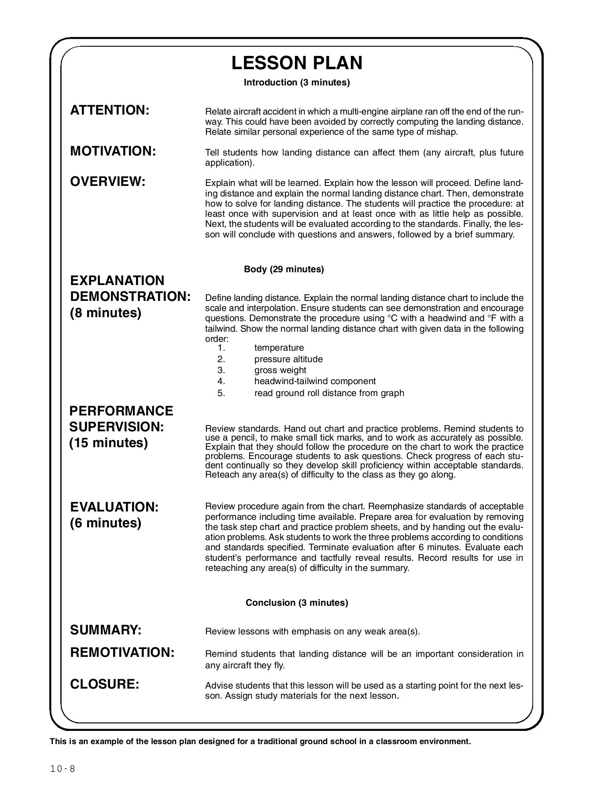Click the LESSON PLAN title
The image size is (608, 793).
[297, 63]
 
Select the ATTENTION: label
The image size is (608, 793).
[110, 110]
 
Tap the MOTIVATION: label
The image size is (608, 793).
[113, 151]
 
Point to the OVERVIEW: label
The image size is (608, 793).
[108, 182]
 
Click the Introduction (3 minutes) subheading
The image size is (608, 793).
[297, 82]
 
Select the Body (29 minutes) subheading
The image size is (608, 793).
[284, 269]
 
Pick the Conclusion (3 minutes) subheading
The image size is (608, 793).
[297, 602]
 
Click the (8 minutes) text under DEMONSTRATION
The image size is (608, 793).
[106, 313]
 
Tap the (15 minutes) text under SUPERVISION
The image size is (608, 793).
[108, 443]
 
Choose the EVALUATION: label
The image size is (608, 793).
[114, 507]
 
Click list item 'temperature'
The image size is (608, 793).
[279, 348]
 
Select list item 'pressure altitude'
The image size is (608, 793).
[288, 359]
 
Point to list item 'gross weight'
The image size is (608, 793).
[280, 370]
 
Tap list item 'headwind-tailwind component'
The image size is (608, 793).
[315, 381]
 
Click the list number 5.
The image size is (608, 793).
[221, 393]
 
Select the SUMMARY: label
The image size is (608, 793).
[106, 630]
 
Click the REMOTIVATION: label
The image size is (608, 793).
[122, 652]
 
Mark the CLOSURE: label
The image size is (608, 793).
[105, 684]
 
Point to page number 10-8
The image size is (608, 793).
[63, 769]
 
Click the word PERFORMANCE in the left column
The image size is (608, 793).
[122, 411]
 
